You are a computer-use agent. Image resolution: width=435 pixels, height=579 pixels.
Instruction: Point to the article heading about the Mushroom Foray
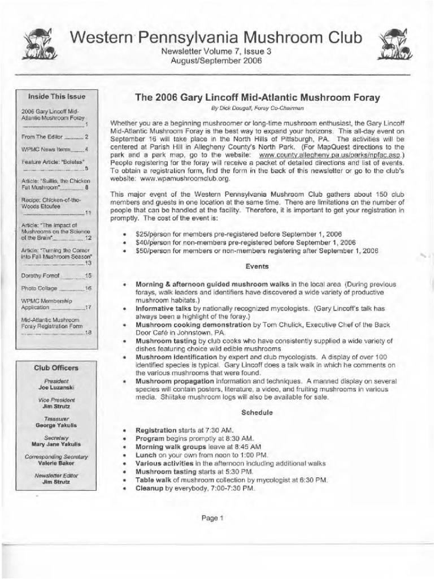(x=249, y=97)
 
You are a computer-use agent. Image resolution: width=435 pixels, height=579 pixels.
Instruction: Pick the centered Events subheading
(x=257, y=266)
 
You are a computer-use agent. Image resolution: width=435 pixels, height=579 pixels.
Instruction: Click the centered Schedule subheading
(x=257, y=413)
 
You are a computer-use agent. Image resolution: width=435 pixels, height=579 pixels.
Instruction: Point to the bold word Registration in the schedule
(x=156, y=430)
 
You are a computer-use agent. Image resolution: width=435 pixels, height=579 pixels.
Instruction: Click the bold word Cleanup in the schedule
(x=149, y=489)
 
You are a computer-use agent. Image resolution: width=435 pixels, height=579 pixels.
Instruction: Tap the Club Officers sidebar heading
(x=56, y=368)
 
